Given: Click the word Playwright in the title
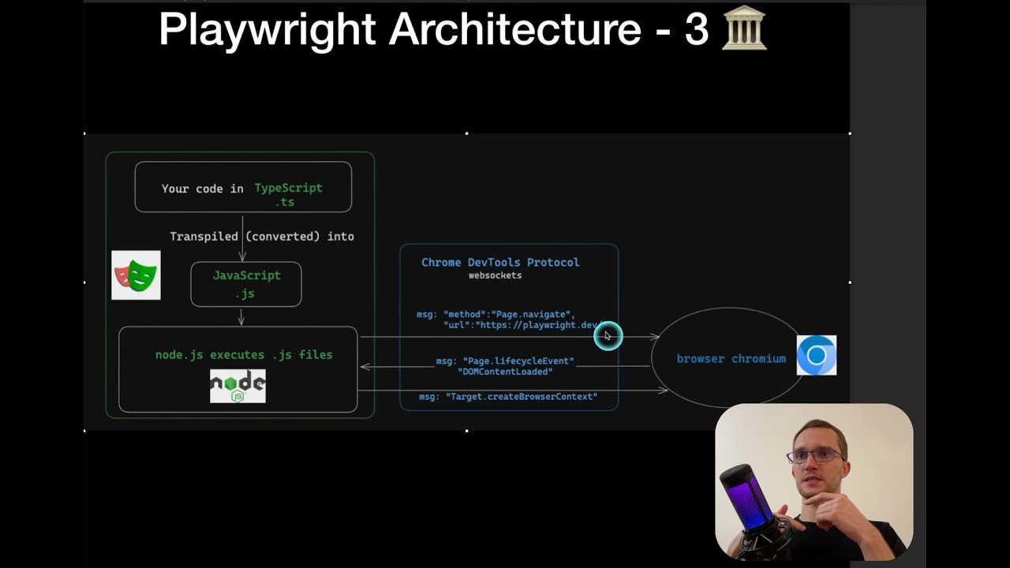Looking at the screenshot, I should (267, 30).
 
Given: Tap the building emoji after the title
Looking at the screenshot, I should (744, 30).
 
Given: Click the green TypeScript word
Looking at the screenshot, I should (288, 188).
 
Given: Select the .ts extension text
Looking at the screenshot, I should (285, 202).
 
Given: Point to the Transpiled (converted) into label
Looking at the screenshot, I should (262, 236).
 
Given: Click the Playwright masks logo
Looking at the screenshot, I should (136, 275).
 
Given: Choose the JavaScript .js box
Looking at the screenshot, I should (246, 284).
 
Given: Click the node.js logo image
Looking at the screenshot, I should (238, 386).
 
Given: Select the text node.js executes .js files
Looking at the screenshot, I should (244, 355).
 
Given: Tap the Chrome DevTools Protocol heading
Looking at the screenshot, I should (500, 262).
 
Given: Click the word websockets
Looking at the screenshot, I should (495, 275).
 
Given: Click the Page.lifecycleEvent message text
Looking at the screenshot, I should (505, 361).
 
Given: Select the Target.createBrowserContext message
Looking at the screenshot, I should (508, 396).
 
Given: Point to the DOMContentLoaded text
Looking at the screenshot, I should (505, 372).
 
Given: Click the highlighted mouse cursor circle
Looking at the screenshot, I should (608, 336).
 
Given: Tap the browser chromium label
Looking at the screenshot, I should (731, 358).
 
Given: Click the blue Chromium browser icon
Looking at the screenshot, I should (817, 355).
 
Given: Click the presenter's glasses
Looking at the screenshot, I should (817, 456).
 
